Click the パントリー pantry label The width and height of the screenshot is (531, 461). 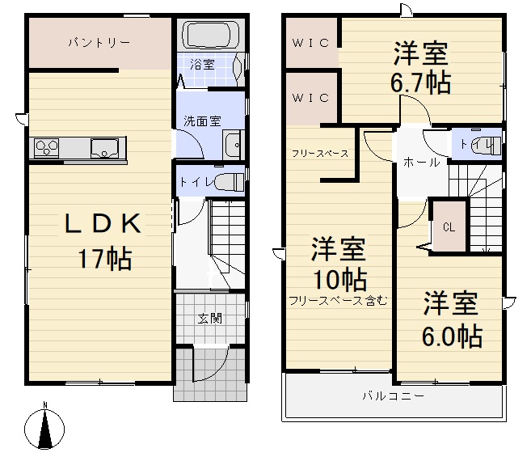99,42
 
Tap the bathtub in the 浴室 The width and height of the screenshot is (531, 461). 210,36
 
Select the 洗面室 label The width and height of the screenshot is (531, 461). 202,121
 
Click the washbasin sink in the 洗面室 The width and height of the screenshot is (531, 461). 233,146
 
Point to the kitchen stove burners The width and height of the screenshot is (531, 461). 46,148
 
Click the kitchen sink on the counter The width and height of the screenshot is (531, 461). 104,149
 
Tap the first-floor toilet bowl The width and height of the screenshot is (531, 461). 229,182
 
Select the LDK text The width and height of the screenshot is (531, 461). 103,224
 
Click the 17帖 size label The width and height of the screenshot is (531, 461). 105,259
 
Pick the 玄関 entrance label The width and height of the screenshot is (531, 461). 210,319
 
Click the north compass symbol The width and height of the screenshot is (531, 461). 44,428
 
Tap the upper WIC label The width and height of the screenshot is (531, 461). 310,43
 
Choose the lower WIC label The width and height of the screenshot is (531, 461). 310,98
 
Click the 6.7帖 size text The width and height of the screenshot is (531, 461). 420,82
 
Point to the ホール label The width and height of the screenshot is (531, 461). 421,163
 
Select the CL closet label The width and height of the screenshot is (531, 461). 449,227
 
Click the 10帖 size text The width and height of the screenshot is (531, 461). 339,279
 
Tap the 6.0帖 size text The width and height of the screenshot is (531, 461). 452,336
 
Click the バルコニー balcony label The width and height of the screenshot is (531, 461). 393,395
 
